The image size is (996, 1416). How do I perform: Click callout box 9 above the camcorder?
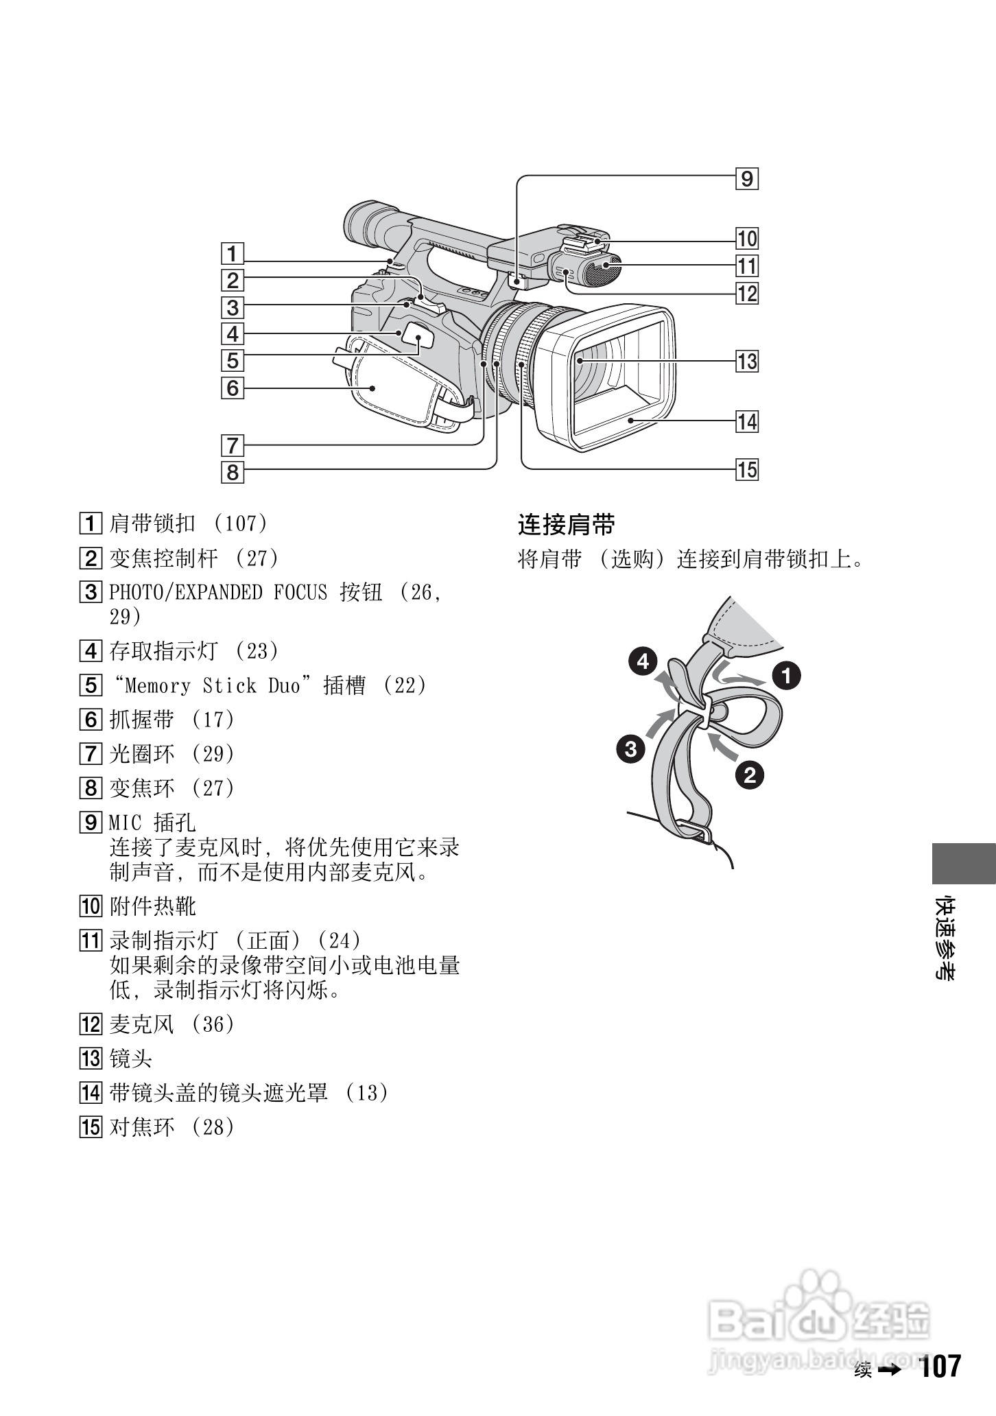(747, 179)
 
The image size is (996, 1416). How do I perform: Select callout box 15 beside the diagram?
(747, 470)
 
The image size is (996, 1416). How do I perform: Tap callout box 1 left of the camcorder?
(233, 254)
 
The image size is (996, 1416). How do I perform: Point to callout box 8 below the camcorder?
(233, 472)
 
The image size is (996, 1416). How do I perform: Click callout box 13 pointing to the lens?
(747, 361)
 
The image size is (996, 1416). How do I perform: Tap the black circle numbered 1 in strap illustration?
(786, 676)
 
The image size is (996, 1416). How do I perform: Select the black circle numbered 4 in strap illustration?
(643, 662)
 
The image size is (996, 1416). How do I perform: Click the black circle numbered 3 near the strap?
(630, 748)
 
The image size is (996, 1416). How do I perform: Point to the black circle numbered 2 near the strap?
(750, 775)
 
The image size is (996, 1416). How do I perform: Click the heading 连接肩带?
(567, 526)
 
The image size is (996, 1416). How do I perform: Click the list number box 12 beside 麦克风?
(91, 1025)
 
